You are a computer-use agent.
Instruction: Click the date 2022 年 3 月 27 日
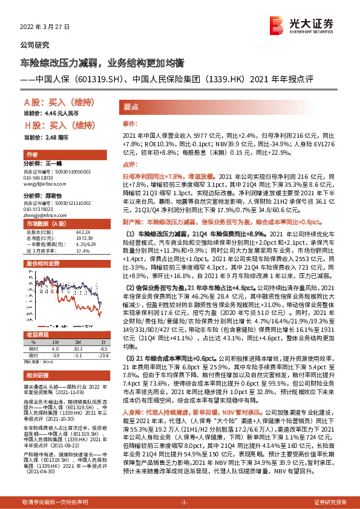coord(49,28)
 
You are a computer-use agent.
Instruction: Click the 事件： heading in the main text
coord(131,123)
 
